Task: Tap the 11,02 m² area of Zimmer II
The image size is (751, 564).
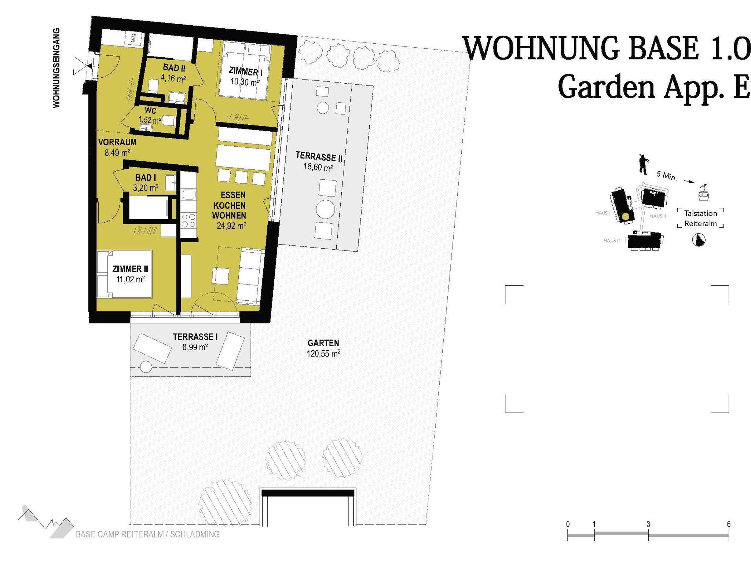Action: click(131, 279)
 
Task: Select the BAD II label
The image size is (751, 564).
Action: click(174, 68)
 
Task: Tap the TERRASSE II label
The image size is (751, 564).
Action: click(319, 157)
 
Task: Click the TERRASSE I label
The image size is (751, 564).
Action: click(195, 337)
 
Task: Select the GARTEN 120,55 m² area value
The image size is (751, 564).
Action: click(323, 354)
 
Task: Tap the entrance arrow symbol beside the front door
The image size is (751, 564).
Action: click(81, 66)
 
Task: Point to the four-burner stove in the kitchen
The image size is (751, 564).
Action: click(188, 220)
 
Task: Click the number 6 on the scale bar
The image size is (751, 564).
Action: click(729, 524)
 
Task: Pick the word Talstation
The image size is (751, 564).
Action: click(700, 213)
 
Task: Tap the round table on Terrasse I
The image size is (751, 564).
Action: click(146, 366)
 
